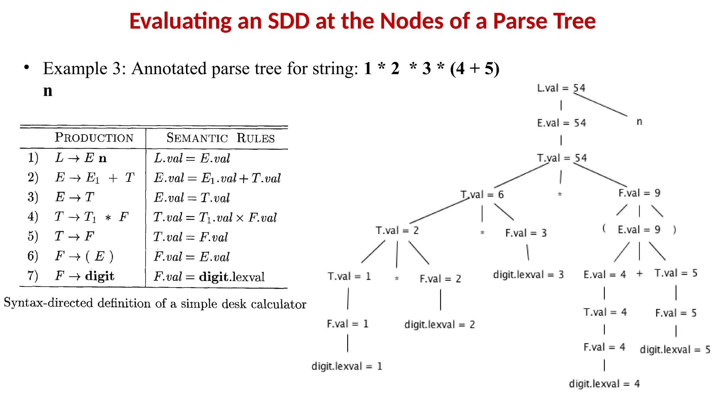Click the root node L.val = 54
click(561, 88)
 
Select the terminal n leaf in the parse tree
click(639, 122)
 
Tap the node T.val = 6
click(482, 195)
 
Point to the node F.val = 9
click(639, 193)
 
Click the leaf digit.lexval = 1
click(347, 366)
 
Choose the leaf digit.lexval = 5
click(675, 349)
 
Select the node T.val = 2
click(397, 230)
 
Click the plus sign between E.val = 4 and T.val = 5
click(639, 273)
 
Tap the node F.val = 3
click(526, 233)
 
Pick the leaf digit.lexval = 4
click(604, 384)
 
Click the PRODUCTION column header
click(94, 138)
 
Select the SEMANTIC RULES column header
click(220, 138)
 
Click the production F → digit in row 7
click(84, 276)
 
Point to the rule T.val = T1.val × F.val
click(215, 217)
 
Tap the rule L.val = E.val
click(192, 158)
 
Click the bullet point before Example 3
click(26, 67)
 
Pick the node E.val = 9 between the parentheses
click(639, 230)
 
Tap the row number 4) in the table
click(33, 217)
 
